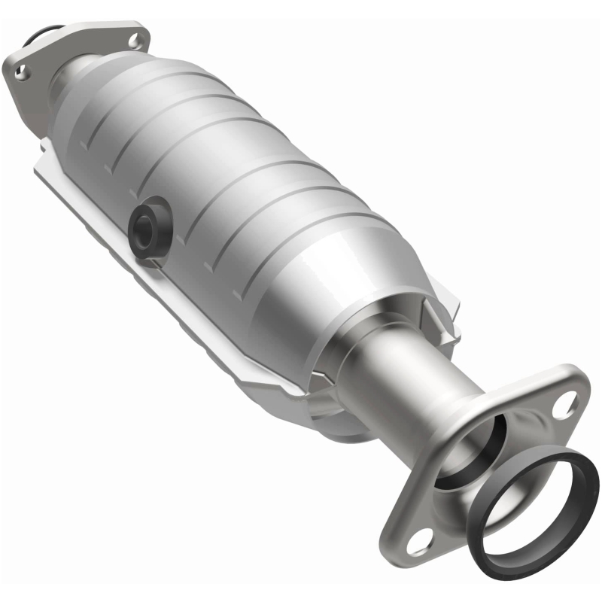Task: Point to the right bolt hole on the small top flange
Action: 135,34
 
